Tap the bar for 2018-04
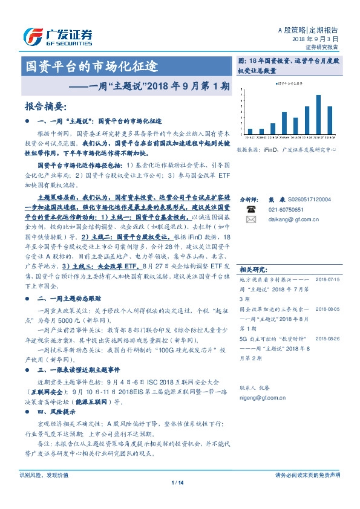click(284, 122)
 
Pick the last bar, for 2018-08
click(330, 120)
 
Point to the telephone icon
click(250, 209)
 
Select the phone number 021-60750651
click(278, 209)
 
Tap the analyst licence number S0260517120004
click(308, 199)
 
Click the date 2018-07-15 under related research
click(328, 279)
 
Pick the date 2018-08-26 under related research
click(328, 339)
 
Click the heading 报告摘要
click(44, 106)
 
